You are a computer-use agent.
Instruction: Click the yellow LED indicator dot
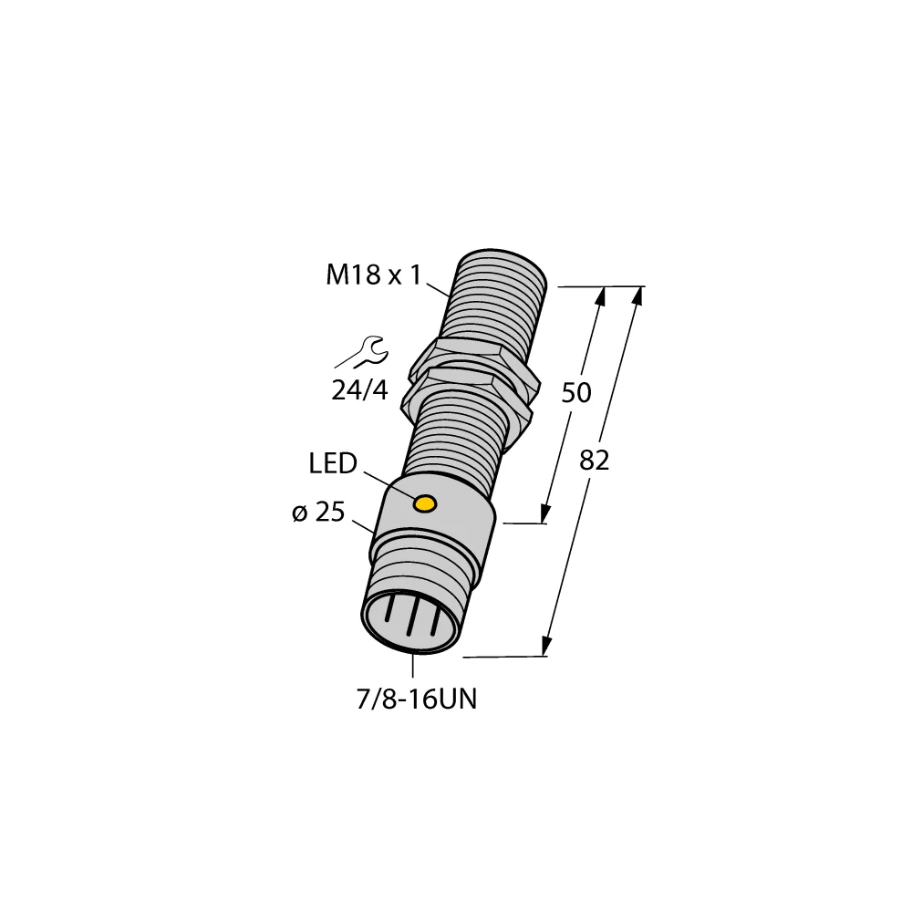pos(425,503)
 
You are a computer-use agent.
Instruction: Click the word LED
pos(333,464)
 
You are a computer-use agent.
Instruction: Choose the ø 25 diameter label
pos(318,513)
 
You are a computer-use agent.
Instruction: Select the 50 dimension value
pos(575,393)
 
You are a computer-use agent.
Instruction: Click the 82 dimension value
pos(594,461)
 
